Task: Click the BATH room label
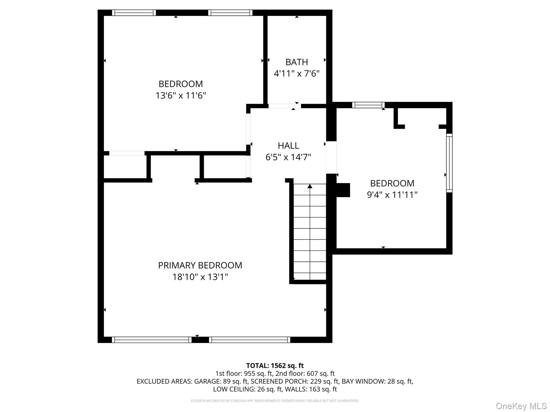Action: coord(296,62)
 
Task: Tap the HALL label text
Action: coord(288,145)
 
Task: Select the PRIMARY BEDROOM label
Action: coord(200,265)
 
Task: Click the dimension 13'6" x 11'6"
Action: coord(181,95)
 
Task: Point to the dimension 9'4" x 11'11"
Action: coord(392,194)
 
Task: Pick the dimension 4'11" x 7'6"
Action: coord(296,73)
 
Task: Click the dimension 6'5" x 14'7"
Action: coord(288,157)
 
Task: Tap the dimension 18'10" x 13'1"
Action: coord(200,277)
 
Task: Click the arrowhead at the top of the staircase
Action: coord(310,186)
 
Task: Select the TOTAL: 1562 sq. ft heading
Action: coord(275,366)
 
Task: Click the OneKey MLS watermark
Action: coord(521,406)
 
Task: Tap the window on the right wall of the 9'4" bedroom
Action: coord(449,163)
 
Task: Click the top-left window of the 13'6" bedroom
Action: coord(134,13)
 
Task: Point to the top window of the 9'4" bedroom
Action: coord(368,105)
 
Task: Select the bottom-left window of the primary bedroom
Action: coord(152,340)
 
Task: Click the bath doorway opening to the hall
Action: coord(285,106)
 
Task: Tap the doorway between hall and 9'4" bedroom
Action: coord(331,157)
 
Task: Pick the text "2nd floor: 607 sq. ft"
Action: coord(305,373)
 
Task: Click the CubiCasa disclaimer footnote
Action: coord(275,401)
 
